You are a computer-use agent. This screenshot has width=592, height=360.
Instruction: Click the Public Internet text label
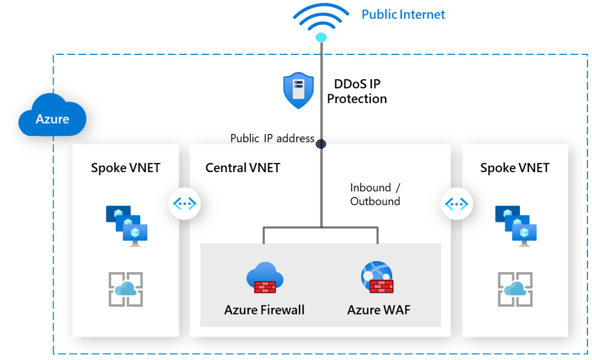[403, 14]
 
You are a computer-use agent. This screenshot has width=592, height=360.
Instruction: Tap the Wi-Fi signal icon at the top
[321, 23]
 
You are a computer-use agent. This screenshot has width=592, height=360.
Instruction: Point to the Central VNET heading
[243, 168]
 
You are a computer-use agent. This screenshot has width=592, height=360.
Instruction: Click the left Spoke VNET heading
[125, 168]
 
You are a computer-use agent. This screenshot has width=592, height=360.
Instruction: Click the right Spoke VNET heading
[515, 168]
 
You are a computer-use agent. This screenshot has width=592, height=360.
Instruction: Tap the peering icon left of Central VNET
[184, 203]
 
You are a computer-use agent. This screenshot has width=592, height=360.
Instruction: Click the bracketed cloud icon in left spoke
[125, 290]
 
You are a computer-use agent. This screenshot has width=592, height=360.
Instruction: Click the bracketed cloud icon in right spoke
[515, 290]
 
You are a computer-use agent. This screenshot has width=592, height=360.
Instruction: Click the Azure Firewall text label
[264, 310]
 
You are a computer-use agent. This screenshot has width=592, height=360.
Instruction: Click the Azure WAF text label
[379, 310]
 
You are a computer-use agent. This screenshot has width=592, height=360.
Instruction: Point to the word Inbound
[371, 188]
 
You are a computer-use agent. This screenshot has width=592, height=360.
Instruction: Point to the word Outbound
[375, 201]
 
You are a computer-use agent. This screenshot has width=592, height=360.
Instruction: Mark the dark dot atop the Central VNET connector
[321, 143]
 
